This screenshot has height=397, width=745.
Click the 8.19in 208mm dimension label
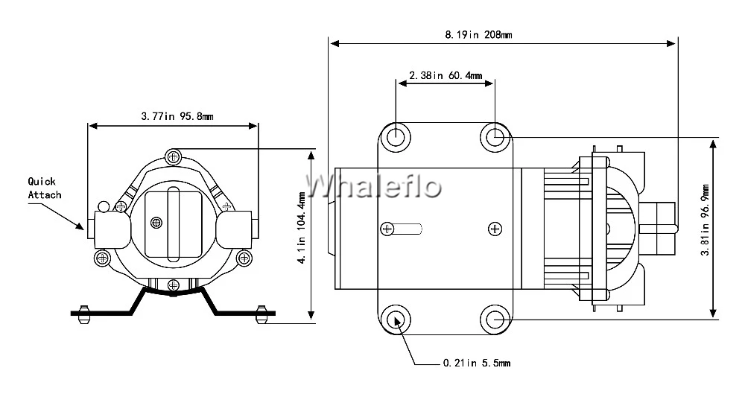478,34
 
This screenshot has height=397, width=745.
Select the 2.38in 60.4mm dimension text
446,75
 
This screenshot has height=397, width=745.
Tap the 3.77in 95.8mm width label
177,116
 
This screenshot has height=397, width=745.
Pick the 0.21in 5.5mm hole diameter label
476,363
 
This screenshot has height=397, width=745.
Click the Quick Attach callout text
45,188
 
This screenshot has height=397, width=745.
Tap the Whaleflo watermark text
375,186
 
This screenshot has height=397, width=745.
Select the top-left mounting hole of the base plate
395,136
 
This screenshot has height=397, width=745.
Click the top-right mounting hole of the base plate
495,136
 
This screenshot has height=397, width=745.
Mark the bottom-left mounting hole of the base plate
395,320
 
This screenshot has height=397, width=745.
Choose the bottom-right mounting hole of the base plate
495,320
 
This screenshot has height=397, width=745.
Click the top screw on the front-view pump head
174,156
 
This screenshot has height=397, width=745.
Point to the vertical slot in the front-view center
174,223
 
